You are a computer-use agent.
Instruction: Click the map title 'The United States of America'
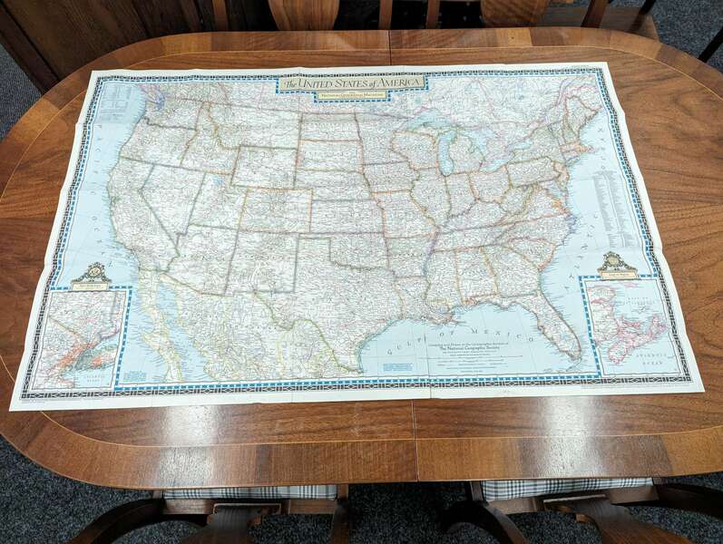point(352,83)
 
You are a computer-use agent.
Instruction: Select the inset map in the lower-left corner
point(79,338)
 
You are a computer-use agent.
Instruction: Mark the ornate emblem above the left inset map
point(91,275)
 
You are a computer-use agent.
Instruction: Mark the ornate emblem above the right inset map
point(616,265)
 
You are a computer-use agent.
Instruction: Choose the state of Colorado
point(273,209)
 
